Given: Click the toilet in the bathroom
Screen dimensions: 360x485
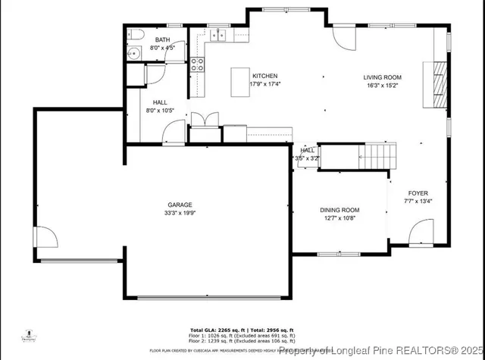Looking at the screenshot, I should (135, 35).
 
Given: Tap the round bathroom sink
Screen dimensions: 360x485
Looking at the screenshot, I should (134, 53).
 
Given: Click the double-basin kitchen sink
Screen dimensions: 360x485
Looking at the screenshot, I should (220, 34).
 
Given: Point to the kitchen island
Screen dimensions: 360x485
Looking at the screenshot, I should (241, 78).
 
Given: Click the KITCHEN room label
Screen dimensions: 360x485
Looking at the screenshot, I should (264, 76).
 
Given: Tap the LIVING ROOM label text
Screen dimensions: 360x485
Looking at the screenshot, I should (382, 77).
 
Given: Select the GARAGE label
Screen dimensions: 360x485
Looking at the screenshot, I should (180, 205).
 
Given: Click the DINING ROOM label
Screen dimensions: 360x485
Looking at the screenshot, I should (339, 210).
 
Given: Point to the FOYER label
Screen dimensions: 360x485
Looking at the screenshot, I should (418, 193).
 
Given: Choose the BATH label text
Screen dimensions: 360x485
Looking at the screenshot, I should (163, 39).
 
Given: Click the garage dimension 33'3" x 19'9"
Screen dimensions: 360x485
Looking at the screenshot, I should (180, 214).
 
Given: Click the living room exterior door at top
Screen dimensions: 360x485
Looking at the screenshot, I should (343, 38).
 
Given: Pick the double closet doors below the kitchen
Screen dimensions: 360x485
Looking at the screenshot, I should (205, 120).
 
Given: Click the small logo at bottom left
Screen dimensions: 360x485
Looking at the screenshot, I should (27, 336).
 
